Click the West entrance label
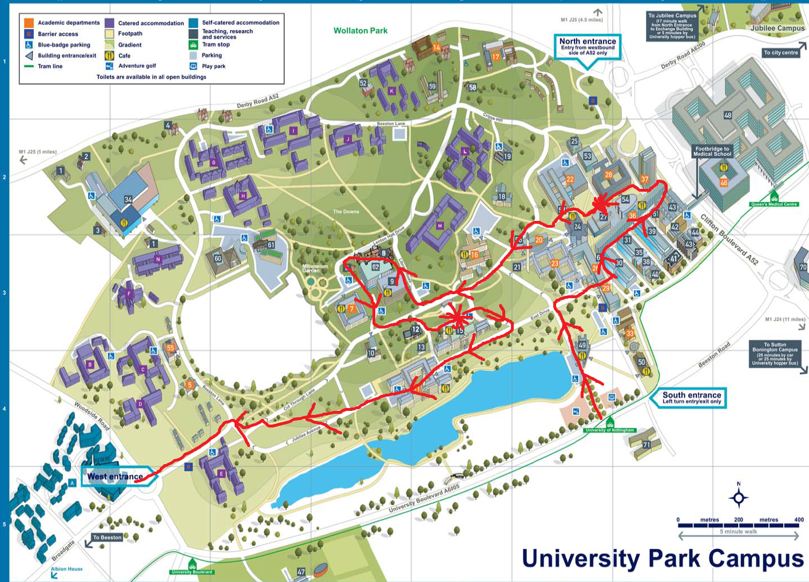tap(115, 477)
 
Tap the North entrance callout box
tap(588, 46)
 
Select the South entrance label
tap(691, 398)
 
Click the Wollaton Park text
tap(360, 31)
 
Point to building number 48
tap(728, 115)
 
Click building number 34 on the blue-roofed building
tap(128, 200)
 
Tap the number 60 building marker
tap(217, 259)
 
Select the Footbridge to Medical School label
tap(712, 151)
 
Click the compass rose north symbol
tap(738, 497)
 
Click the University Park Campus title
tap(663, 559)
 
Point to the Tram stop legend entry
tap(216, 45)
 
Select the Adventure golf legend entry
tap(137, 66)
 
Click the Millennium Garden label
tap(315, 268)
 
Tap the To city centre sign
tap(780, 53)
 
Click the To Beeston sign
tap(108, 537)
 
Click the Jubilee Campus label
tap(777, 28)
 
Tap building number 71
tap(647, 445)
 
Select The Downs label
tap(346, 212)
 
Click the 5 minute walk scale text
tap(738, 532)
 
